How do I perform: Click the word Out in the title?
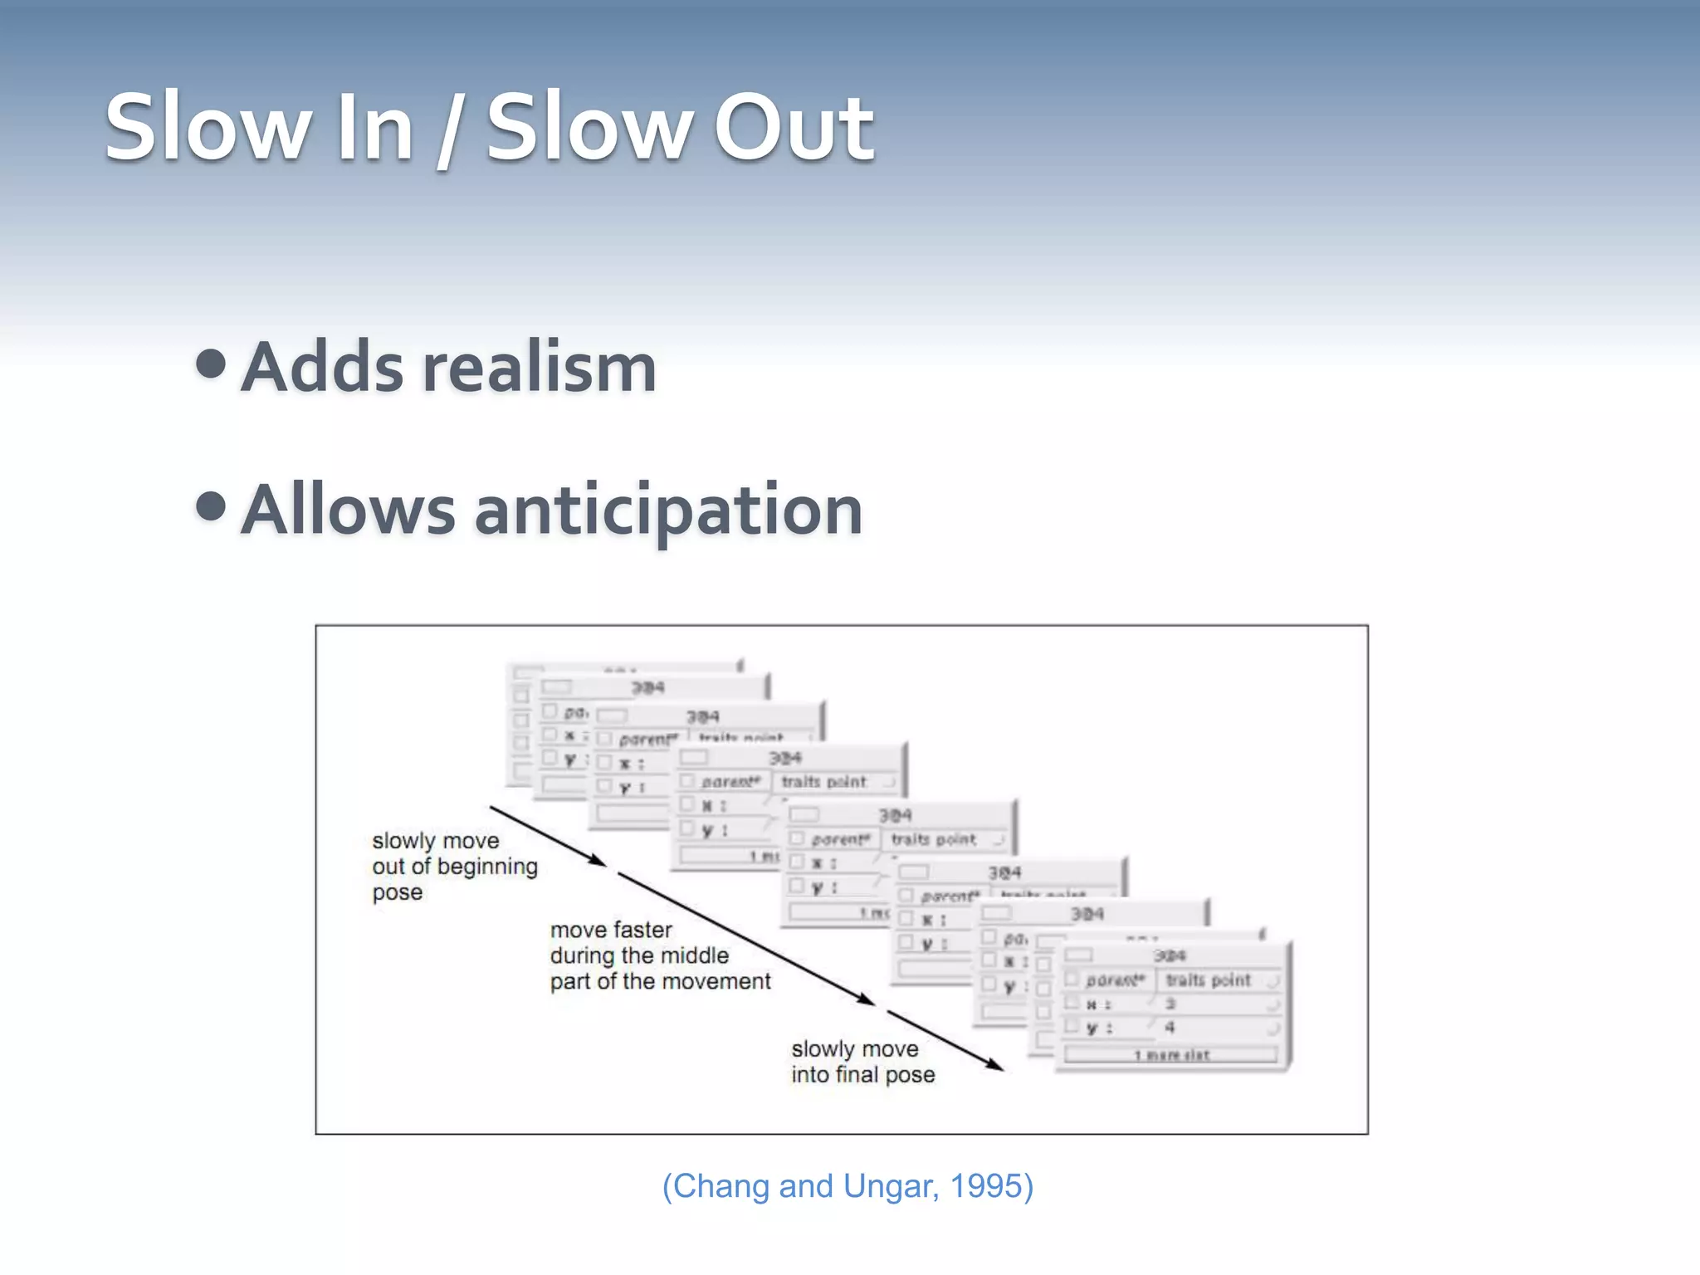coord(793,129)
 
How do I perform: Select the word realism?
coord(540,368)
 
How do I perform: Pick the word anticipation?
coord(668,510)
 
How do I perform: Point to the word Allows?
coord(349,510)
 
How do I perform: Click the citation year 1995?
coord(987,1186)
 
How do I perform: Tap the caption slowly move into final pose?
coord(862,1062)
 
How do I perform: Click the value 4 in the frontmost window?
coord(1170,1028)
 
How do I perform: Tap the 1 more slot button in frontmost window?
coord(1170,1055)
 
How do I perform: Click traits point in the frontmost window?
coord(1208,980)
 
